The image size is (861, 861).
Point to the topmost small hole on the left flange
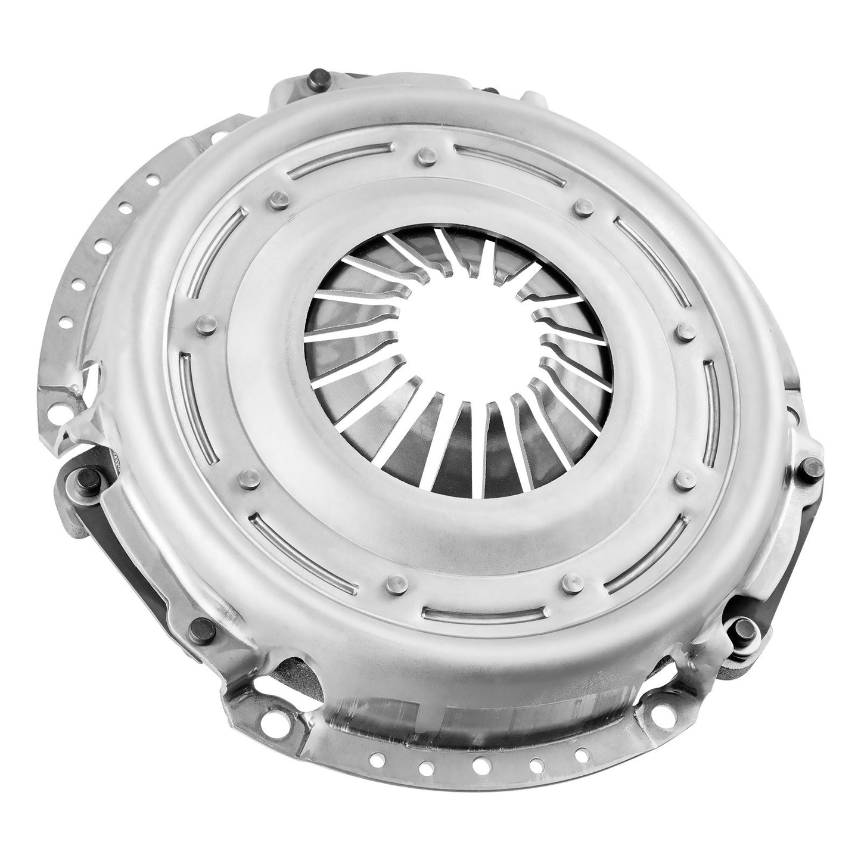click(x=154, y=177)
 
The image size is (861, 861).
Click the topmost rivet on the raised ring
click(x=424, y=156)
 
